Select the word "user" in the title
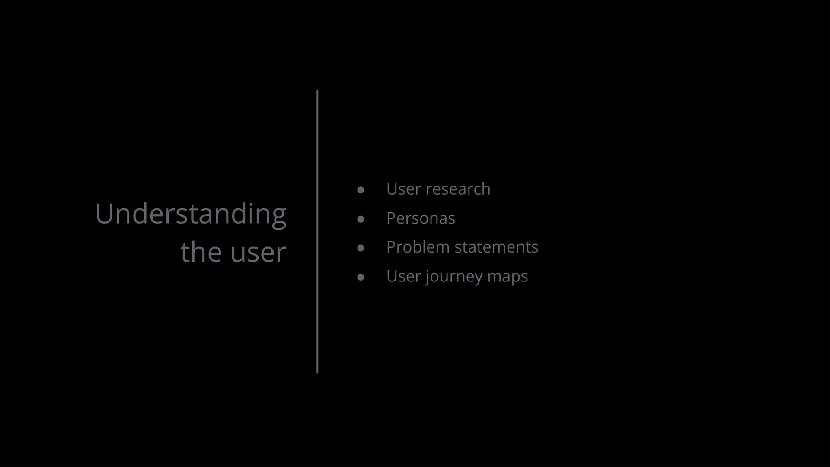(259, 253)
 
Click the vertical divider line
(317, 231)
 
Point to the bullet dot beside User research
(361, 190)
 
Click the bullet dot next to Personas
(361, 219)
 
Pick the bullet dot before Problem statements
(361, 248)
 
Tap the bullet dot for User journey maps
(361, 277)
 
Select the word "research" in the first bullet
(458, 189)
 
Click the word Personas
(421, 218)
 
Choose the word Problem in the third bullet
(418, 247)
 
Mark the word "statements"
(496, 247)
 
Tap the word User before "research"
(404, 189)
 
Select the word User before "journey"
(404, 276)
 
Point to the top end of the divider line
(317, 90)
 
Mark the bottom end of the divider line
(317, 373)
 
